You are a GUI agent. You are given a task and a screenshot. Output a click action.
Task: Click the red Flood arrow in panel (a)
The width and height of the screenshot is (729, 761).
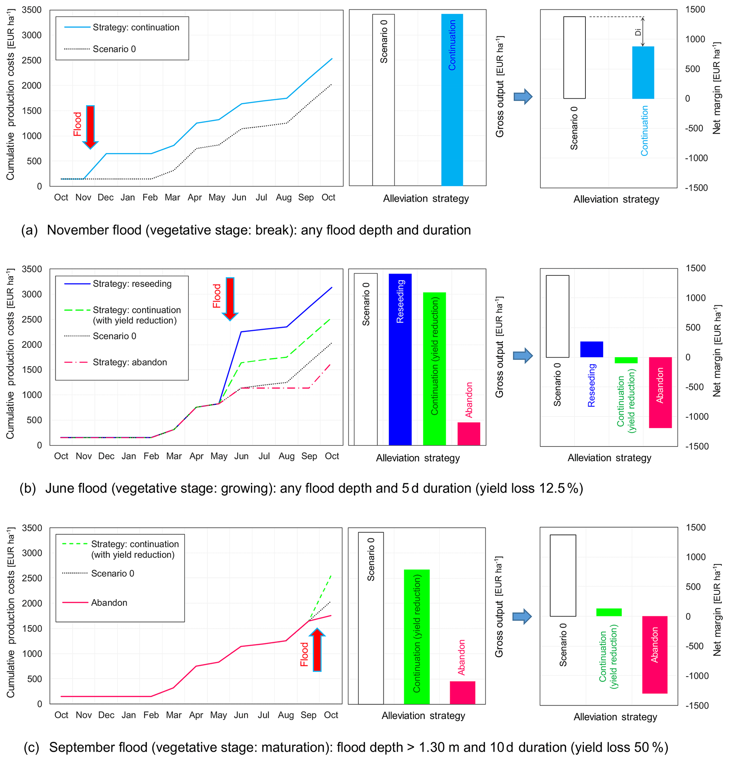pos(90,126)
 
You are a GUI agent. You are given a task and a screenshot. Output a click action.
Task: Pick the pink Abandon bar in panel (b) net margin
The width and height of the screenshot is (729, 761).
pos(660,392)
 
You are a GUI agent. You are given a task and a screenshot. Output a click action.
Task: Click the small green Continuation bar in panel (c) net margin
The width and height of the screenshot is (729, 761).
pos(609,612)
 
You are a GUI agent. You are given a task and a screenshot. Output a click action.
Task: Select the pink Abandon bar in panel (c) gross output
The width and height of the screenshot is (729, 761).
pos(462,692)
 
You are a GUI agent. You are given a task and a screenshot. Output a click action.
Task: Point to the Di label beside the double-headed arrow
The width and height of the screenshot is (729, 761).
pos(638,32)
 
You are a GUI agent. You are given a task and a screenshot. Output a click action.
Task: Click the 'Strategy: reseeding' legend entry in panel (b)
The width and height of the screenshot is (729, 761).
pos(132,284)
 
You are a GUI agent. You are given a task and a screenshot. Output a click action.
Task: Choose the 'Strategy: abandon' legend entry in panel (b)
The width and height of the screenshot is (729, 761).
pos(129,362)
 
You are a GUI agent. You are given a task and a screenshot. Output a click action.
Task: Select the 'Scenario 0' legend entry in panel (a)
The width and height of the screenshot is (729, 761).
pos(114,49)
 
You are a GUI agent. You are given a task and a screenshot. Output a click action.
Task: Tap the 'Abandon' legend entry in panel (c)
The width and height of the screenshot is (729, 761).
pos(109,603)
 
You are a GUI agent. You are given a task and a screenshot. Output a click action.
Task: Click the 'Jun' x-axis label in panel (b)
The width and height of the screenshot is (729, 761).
pos(241,456)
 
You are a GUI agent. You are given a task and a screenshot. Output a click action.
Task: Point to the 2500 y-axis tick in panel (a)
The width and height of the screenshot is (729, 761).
pos(31,61)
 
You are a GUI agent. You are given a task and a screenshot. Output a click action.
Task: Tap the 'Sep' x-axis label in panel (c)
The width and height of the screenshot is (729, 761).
pos(309,715)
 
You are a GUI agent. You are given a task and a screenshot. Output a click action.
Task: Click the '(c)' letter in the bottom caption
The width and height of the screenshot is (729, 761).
pos(31,748)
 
